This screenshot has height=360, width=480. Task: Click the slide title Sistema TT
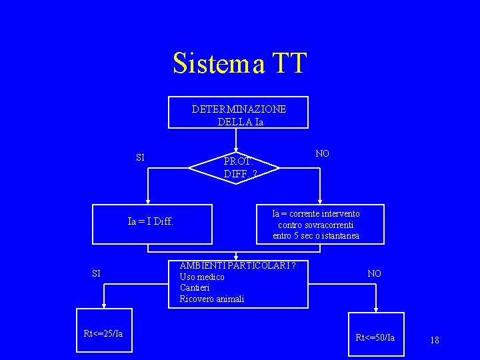(239, 63)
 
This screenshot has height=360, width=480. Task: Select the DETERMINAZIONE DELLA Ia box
(238, 113)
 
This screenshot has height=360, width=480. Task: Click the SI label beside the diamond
(140, 158)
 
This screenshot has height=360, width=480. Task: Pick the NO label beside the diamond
(322, 154)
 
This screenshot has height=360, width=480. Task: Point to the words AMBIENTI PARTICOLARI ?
(237, 266)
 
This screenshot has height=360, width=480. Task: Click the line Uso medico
(202, 277)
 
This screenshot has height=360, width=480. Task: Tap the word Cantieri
(195, 288)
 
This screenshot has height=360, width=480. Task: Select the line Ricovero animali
(212, 299)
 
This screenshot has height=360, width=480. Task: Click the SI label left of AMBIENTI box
(96, 273)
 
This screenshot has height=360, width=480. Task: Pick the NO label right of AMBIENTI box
(375, 273)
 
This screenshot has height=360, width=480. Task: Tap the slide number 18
(435, 340)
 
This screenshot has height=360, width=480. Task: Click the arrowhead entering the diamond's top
(235, 151)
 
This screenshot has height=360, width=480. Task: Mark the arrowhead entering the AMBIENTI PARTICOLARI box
(235, 257)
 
